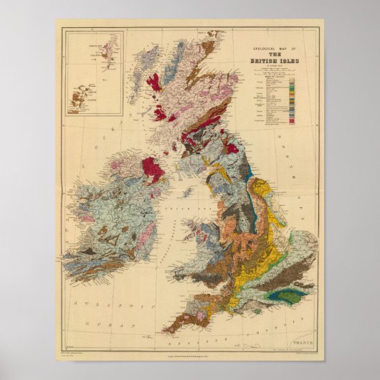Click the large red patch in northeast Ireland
pos(153,169)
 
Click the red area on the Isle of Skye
pos(154,81)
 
